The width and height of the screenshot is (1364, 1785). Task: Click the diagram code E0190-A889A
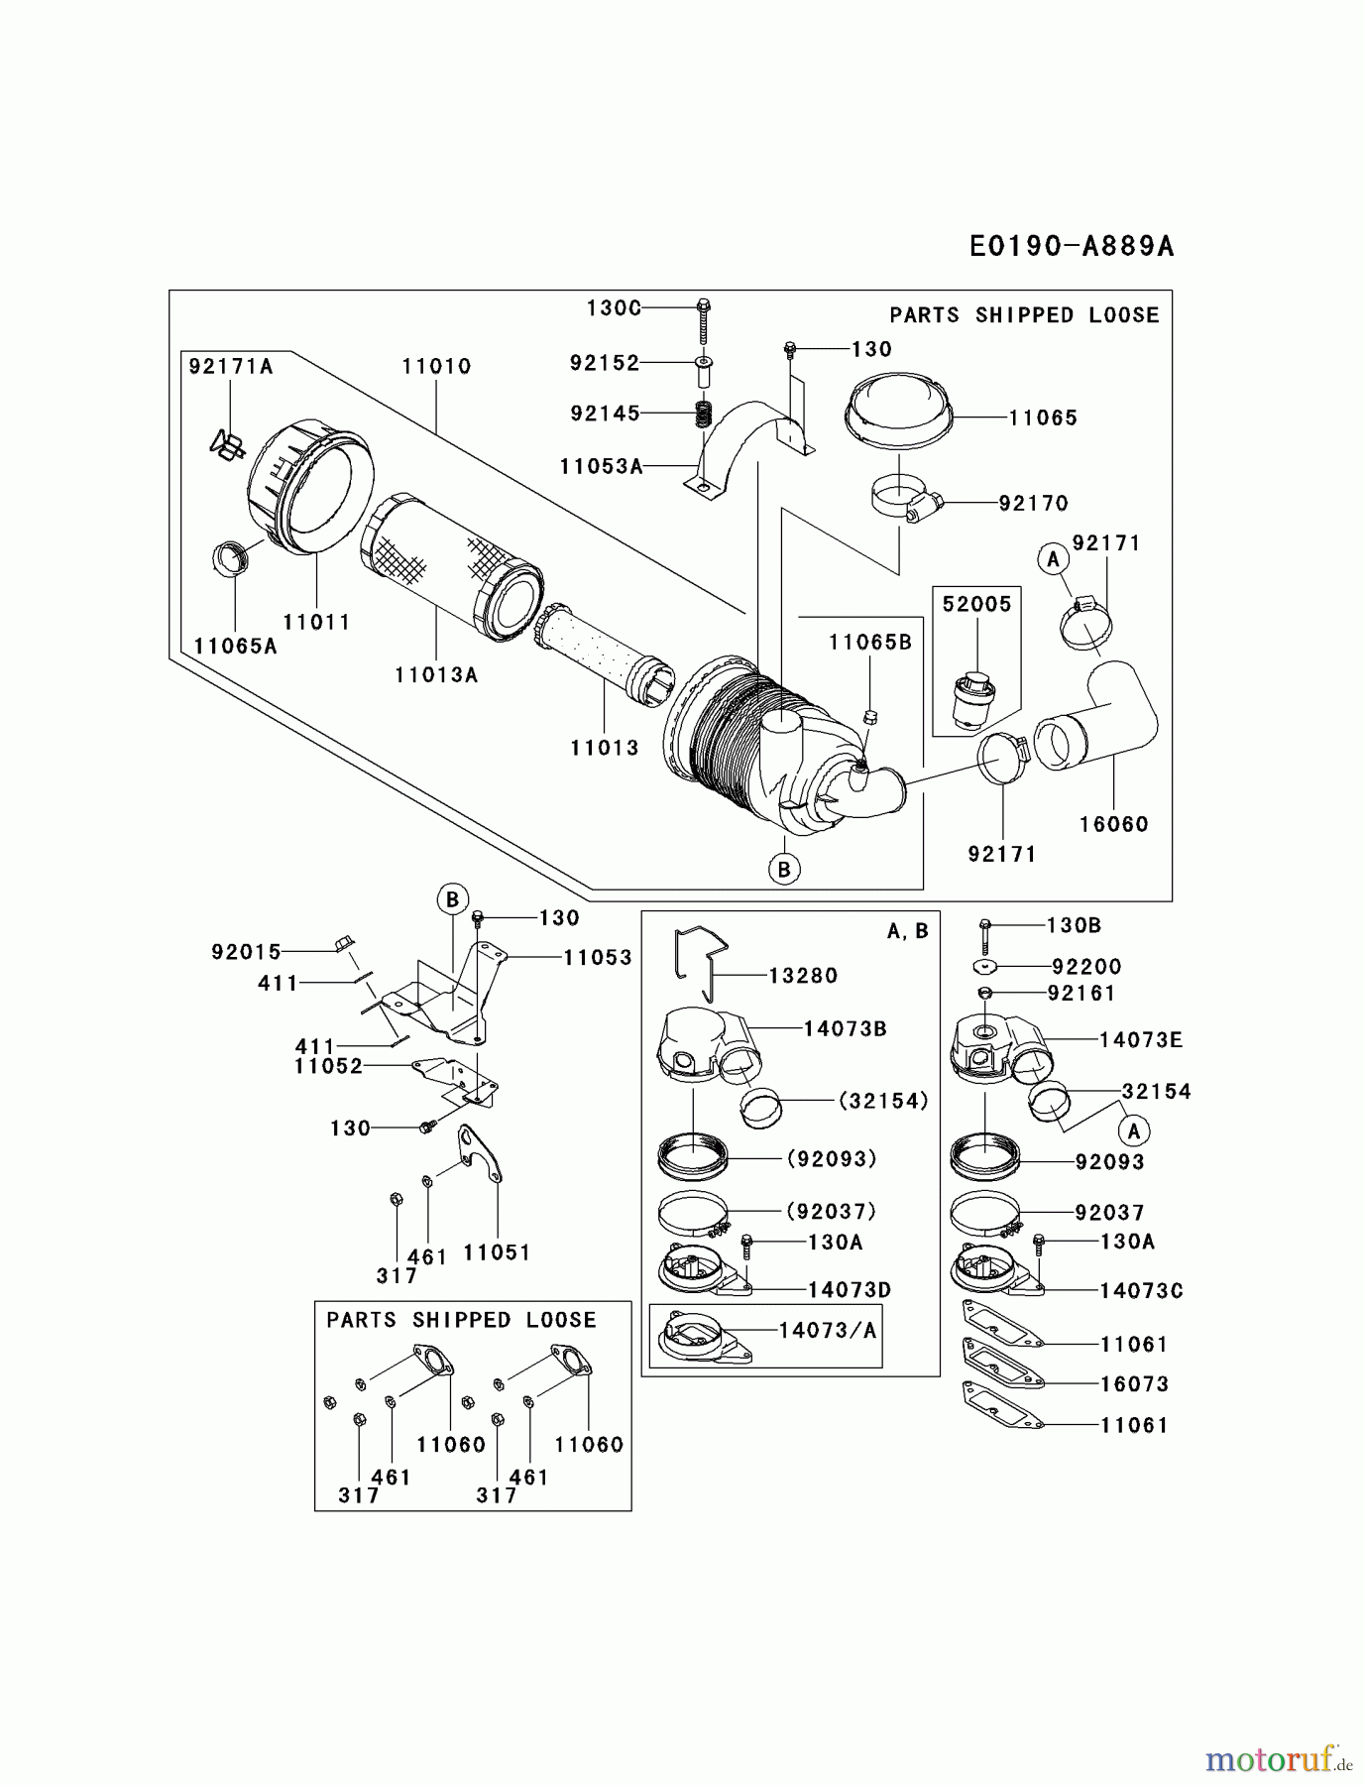pos(1071,246)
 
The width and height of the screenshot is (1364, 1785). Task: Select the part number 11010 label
pos(436,366)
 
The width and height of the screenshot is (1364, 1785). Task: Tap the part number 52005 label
pos(976,604)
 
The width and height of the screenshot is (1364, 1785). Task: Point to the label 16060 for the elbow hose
pos(1113,824)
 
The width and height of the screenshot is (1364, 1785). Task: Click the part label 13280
pos(803,976)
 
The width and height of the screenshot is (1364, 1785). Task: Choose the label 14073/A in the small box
pos(828,1331)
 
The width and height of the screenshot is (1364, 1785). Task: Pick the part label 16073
pos(1134,1384)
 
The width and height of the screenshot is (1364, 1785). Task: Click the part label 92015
pos(246,952)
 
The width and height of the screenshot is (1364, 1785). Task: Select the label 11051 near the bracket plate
pos(497,1252)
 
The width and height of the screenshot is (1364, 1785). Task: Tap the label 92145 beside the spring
pos(605,413)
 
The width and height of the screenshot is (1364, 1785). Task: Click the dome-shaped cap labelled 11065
pos(899,405)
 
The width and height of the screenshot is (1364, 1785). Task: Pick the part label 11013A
pos(436,675)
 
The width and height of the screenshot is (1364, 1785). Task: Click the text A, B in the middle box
pos(907,931)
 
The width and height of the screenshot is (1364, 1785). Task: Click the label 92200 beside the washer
pos(1086,967)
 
